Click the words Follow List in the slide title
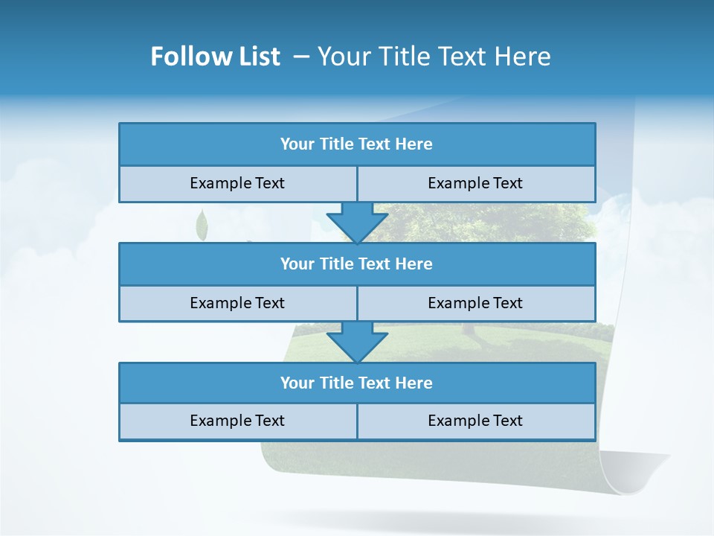tap(215, 57)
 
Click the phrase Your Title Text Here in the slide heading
tap(434, 57)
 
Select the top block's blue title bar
tap(357, 144)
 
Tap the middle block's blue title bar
tap(357, 264)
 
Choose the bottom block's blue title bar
tap(357, 383)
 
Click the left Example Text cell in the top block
tap(237, 184)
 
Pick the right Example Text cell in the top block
tap(476, 184)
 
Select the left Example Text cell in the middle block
tap(237, 304)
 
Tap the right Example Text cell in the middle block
tap(476, 304)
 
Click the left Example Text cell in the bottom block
tap(237, 421)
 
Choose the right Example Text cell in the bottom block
tap(476, 421)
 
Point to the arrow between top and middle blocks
tap(357, 223)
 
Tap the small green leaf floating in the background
tap(201, 225)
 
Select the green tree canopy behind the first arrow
tap(483, 220)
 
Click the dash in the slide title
tap(301, 57)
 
